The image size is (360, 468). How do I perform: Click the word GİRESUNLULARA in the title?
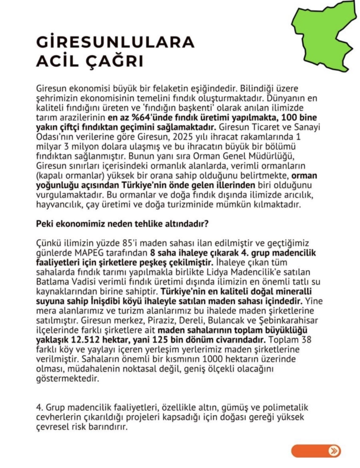(116, 42)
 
